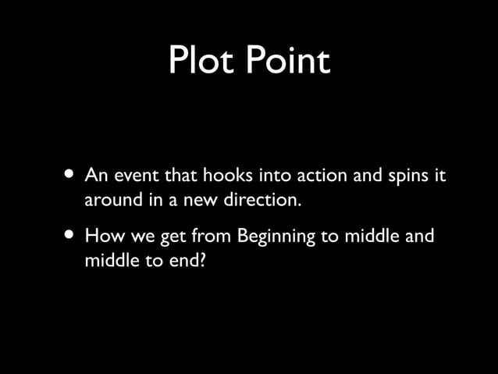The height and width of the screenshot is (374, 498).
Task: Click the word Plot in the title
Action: (204, 62)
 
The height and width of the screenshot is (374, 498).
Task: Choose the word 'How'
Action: (102, 235)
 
